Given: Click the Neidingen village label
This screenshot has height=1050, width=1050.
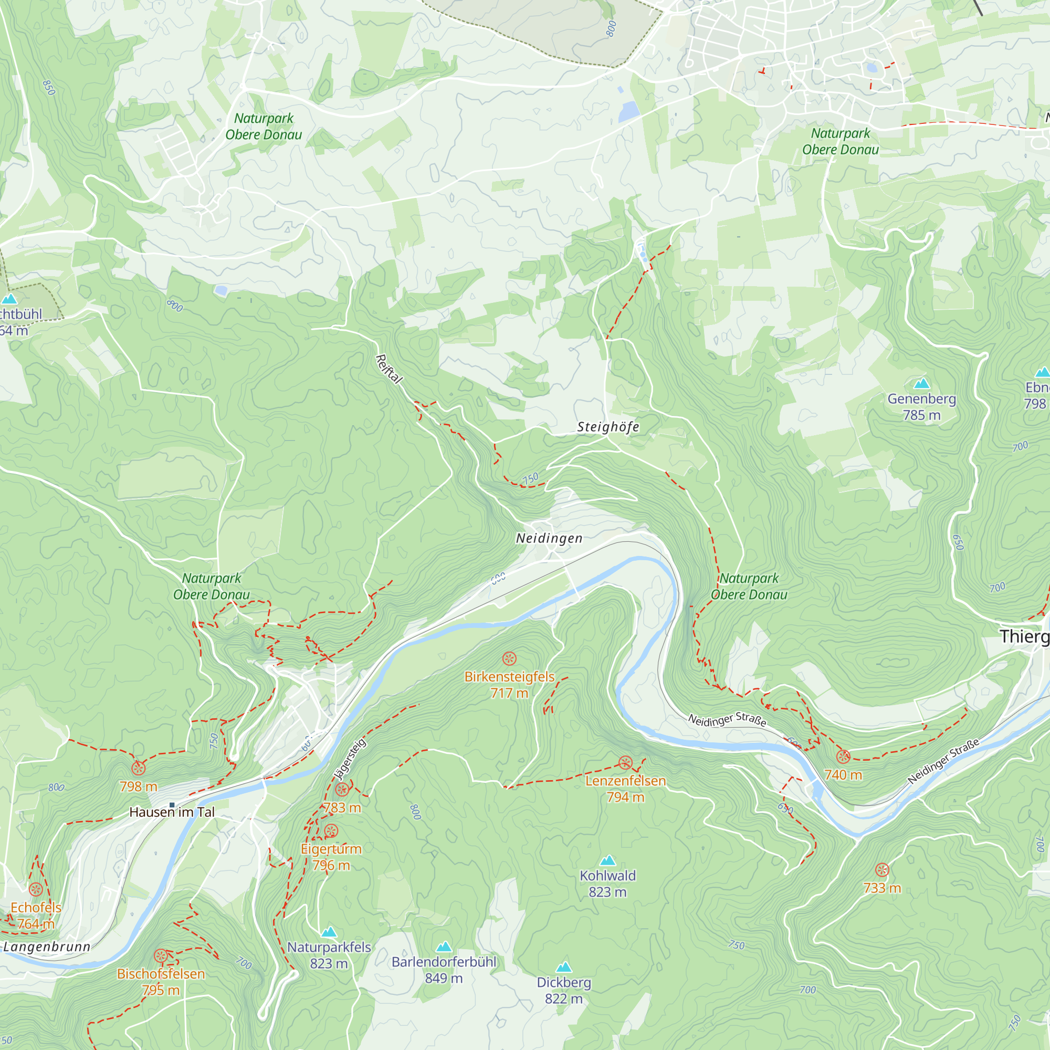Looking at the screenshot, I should [x=549, y=538].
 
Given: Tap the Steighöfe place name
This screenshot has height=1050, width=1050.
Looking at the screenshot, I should [x=607, y=427].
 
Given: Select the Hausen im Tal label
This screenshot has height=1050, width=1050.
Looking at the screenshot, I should [x=172, y=812].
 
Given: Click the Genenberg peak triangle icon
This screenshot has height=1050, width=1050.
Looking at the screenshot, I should [x=921, y=384].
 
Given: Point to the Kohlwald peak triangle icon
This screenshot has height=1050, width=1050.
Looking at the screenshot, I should [x=607, y=860].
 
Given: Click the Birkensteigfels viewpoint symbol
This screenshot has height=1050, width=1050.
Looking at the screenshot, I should [x=509, y=659].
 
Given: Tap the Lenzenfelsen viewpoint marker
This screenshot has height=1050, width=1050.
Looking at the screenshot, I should [x=625, y=762].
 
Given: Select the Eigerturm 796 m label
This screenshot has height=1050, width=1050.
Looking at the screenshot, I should [x=331, y=857].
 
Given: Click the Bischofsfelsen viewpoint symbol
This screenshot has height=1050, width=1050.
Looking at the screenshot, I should [x=160, y=955].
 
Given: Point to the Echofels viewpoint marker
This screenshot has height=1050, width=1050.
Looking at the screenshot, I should [x=36, y=889].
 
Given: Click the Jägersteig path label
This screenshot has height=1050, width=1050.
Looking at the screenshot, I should [x=352, y=759].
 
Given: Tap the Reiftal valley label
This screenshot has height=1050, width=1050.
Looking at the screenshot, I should [x=388, y=369].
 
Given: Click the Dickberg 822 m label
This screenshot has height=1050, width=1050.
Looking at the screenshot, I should [x=563, y=990].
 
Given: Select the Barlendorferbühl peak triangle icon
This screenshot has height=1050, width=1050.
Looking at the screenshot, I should [x=444, y=947].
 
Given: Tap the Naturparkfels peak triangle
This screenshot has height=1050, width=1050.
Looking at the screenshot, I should [x=329, y=932].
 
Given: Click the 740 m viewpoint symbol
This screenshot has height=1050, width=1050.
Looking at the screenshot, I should [x=843, y=756].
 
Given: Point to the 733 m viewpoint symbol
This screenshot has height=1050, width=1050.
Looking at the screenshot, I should [x=882, y=869].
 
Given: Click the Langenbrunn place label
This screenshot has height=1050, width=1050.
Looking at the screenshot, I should [x=47, y=947].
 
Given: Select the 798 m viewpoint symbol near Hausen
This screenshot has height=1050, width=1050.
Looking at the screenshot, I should [x=139, y=768].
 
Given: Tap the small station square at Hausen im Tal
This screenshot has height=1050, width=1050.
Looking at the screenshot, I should [x=172, y=805].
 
